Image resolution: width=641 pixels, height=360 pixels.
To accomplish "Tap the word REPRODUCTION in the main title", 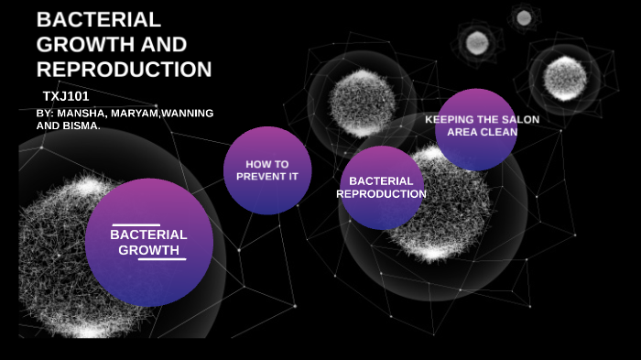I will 124,69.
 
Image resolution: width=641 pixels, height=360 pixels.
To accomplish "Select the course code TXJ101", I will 65,95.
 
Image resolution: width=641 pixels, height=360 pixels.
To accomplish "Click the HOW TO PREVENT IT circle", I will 267,170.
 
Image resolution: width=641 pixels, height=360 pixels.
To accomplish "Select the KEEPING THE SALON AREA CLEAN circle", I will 476,129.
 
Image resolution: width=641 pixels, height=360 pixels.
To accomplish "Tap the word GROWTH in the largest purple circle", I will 148,249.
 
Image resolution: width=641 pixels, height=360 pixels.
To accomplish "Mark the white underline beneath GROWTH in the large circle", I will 162,258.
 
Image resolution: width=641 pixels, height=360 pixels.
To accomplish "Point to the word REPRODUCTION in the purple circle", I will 381,194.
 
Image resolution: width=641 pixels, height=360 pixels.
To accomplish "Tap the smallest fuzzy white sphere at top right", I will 523,16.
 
